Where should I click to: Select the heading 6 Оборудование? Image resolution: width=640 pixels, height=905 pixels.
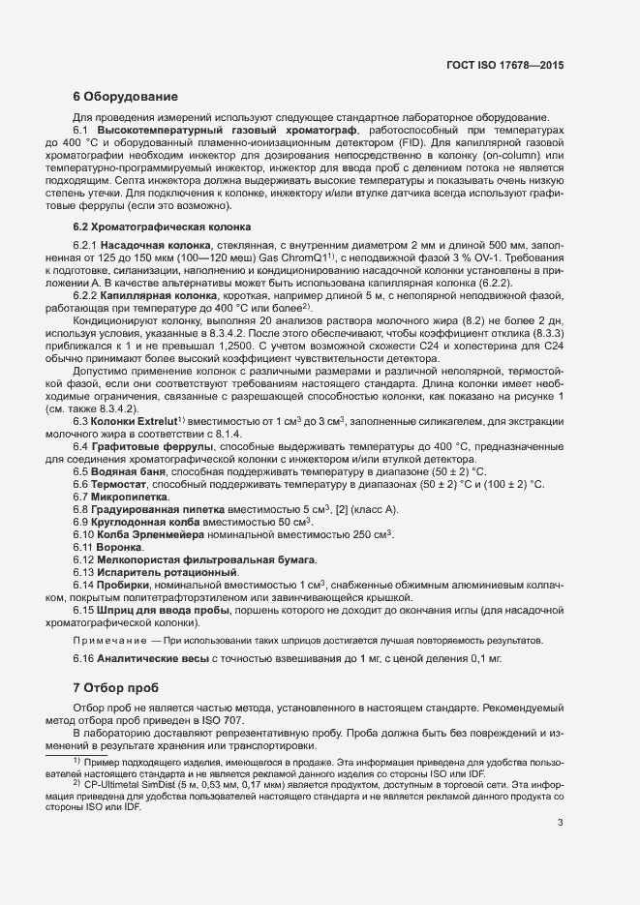point(125,97)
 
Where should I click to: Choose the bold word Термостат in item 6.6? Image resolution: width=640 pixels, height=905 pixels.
point(122,484)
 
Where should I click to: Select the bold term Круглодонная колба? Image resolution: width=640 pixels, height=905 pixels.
point(145,522)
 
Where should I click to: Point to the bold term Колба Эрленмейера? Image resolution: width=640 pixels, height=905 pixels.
point(146,534)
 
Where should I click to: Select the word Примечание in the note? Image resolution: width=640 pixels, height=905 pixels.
point(110,640)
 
